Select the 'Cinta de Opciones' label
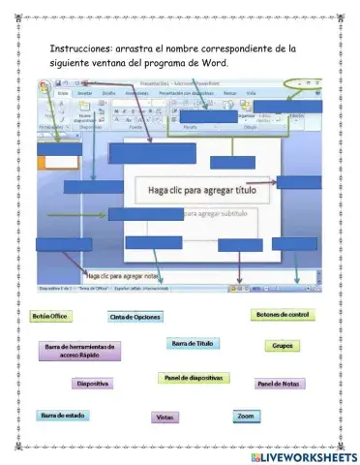click(135, 317)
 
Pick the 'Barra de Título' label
click(192, 344)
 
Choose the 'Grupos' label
click(283, 345)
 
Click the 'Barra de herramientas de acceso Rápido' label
click(79, 351)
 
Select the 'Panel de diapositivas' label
click(194, 377)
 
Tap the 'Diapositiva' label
click(92, 384)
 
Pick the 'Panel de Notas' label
click(279, 384)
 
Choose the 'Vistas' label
click(165, 417)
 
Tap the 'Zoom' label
click(246, 415)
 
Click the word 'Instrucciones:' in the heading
click(80, 47)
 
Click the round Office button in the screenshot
click(45, 85)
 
